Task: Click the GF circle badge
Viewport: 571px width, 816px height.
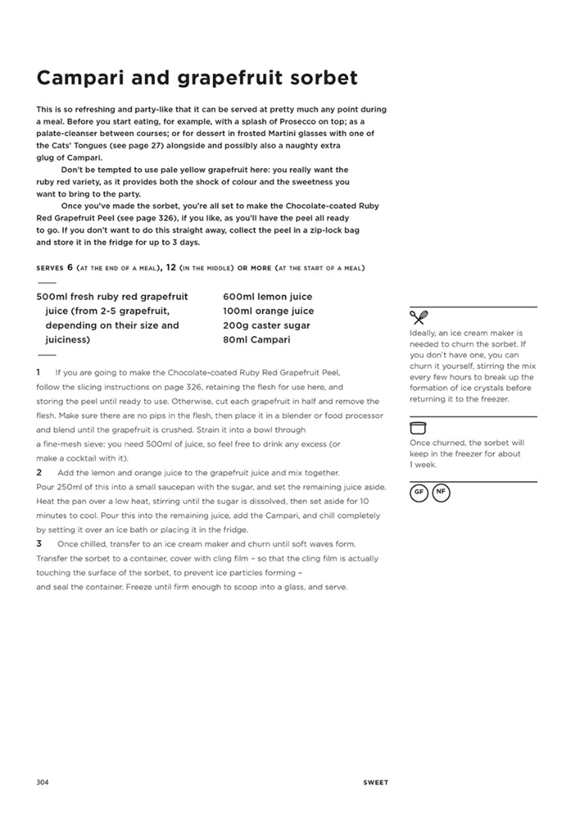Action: tap(419, 493)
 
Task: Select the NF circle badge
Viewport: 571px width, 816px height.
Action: tap(441, 493)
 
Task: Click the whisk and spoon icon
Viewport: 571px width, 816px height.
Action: tap(418, 317)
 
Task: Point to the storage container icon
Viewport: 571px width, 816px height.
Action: tap(418, 428)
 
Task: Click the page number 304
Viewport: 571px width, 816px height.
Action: tap(42, 782)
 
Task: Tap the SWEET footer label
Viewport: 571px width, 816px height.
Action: tap(375, 782)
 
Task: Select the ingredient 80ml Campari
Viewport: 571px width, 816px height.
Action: tap(256, 339)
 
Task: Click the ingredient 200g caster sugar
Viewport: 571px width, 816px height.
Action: tap(266, 325)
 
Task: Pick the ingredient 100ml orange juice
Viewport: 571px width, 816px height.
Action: tap(268, 311)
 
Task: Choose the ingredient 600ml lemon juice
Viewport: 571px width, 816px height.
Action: tap(267, 297)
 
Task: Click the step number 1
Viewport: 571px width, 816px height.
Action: tap(39, 372)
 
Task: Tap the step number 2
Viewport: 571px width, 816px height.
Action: tap(39, 472)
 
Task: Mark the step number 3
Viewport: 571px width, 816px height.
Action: tap(39, 544)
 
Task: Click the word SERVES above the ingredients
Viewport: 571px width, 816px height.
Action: tap(50, 268)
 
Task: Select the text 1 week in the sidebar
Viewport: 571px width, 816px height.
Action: tap(423, 465)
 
